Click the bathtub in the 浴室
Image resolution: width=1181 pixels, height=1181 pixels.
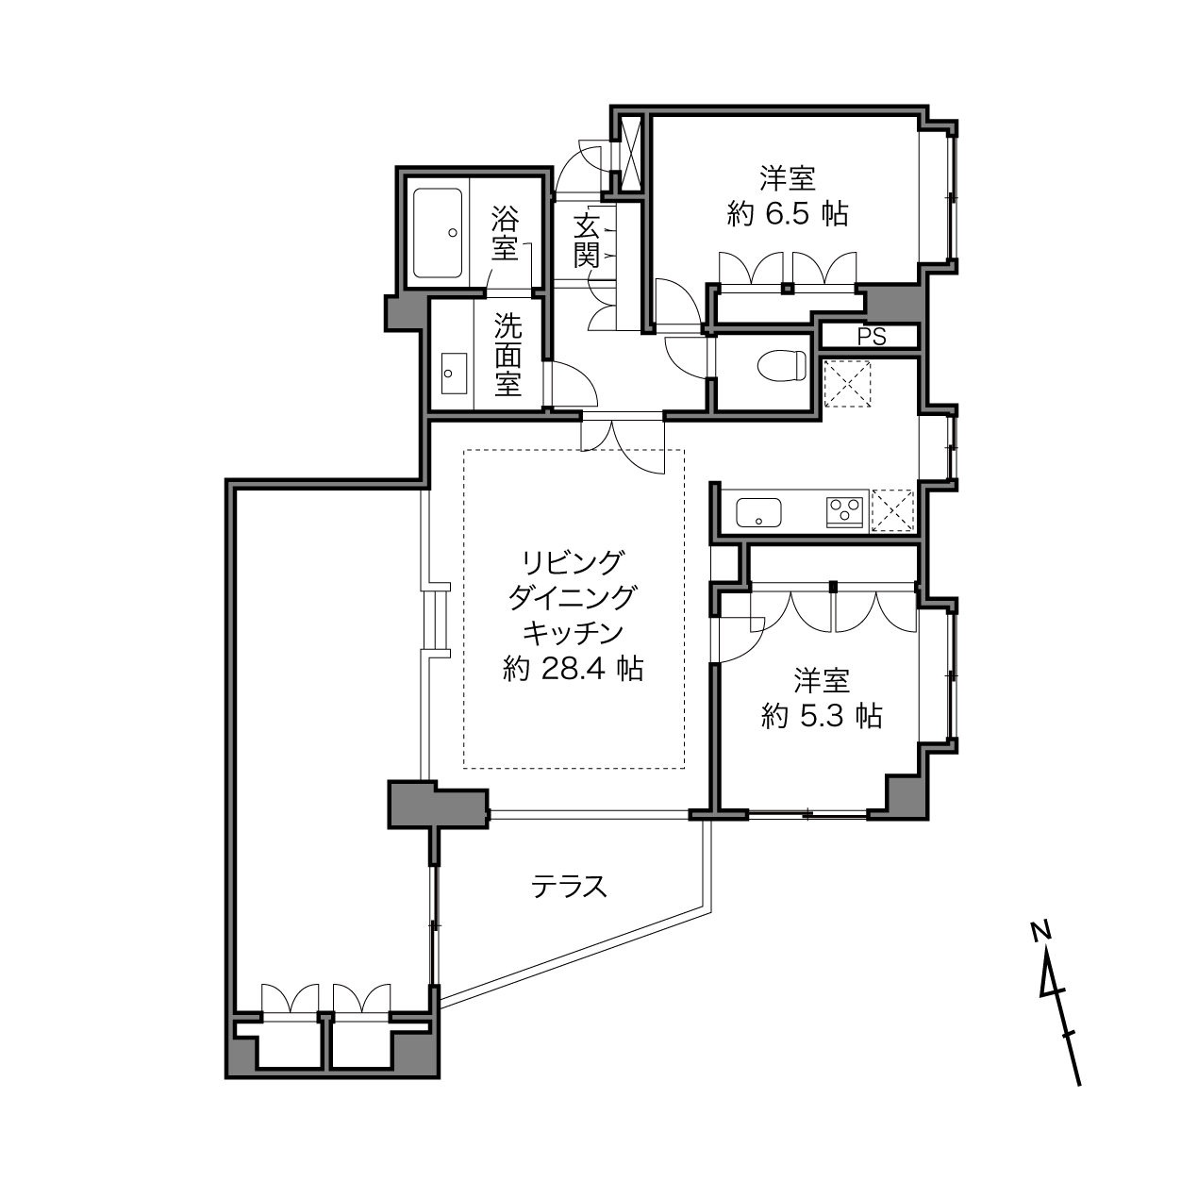pyautogui.click(x=438, y=233)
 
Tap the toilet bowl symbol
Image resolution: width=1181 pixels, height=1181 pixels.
pyautogui.click(x=781, y=366)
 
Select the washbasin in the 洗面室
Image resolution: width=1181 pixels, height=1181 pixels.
pyautogui.click(x=454, y=374)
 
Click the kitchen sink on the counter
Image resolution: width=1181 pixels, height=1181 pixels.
pyautogui.click(x=758, y=512)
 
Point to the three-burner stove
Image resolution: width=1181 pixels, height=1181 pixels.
pyautogui.click(x=845, y=512)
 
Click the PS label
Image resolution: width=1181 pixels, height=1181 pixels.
pyautogui.click(x=872, y=337)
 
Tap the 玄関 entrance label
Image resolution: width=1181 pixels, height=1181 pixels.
pyautogui.click(x=586, y=241)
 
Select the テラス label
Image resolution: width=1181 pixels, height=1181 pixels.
pyautogui.click(x=569, y=886)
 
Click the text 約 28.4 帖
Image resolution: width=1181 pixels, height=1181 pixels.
pyautogui.click(x=573, y=669)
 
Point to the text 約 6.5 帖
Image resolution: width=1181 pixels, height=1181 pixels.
pyautogui.click(x=788, y=214)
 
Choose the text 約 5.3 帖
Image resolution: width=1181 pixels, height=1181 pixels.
pyautogui.click(x=822, y=716)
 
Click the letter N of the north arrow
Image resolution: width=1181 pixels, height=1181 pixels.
pyautogui.click(x=1040, y=930)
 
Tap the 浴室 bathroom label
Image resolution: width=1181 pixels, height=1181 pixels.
pyautogui.click(x=505, y=234)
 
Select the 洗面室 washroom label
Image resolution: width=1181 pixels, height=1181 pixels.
pyautogui.click(x=508, y=355)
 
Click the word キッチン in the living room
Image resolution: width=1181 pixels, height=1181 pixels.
pyautogui.click(x=573, y=633)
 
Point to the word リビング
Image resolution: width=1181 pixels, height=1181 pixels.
pyautogui.click(x=573, y=562)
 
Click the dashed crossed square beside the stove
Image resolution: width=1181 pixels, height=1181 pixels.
pyautogui.click(x=892, y=508)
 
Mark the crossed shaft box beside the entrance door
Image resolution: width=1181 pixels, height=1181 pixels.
pyautogui.click(x=631, y=153)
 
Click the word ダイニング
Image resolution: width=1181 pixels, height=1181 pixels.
pyautogui.click(x=573, y=597)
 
